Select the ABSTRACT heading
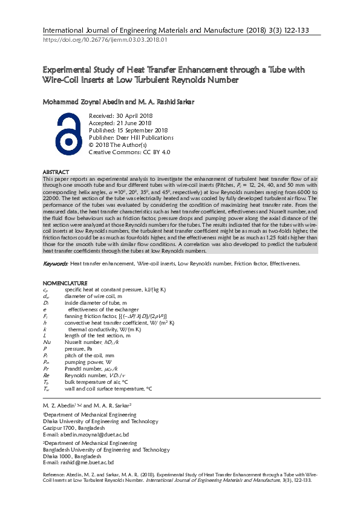56,172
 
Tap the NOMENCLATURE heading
65,284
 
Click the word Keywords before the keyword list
55,264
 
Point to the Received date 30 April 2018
120,115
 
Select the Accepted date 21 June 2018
120,123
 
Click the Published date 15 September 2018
128,130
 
